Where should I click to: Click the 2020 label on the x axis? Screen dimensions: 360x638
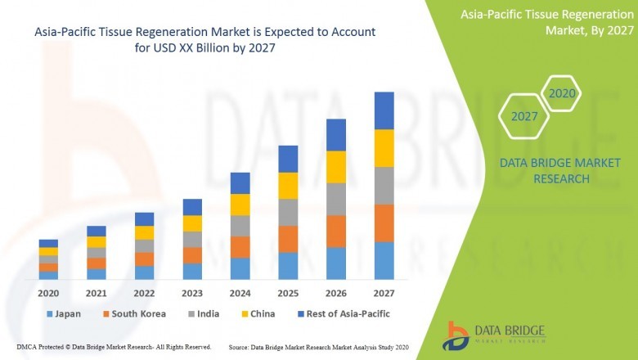coord(48,292)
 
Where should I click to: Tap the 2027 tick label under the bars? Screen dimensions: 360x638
coord(384,292)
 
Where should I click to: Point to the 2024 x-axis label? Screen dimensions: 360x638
coord(240,292)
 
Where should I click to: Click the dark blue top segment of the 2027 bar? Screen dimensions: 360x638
coord(384,110)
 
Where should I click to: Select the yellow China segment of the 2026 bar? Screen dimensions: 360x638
coord(336,167)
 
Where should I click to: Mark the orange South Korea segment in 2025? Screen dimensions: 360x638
coord(288,239)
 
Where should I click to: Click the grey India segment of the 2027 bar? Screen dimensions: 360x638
coord(384,186)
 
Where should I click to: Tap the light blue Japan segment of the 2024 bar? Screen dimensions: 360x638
coord(240,268)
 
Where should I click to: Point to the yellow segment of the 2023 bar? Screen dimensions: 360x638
coord(192,223)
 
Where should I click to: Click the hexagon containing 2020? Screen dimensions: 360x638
coord(562,94)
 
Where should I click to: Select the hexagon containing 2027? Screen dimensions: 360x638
coord(524,116)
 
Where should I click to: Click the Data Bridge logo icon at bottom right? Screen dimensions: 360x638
coord(456,335)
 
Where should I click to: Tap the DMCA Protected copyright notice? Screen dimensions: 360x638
coord(114,347)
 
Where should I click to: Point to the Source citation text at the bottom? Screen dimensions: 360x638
coord(320,347)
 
